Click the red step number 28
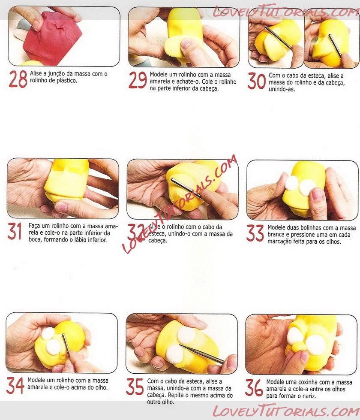click(18, 79)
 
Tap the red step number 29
click(138, 80)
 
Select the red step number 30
click(257, 81)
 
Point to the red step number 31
click(15, 231)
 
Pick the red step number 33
click(255, 233)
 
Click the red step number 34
click(15, 385)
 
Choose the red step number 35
click(135, 387)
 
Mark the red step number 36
click(254, 387)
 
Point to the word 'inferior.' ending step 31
click(96, 240)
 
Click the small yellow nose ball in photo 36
click(298, 347)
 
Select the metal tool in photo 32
click(186, 188)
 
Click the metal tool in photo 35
click(201, 354)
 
